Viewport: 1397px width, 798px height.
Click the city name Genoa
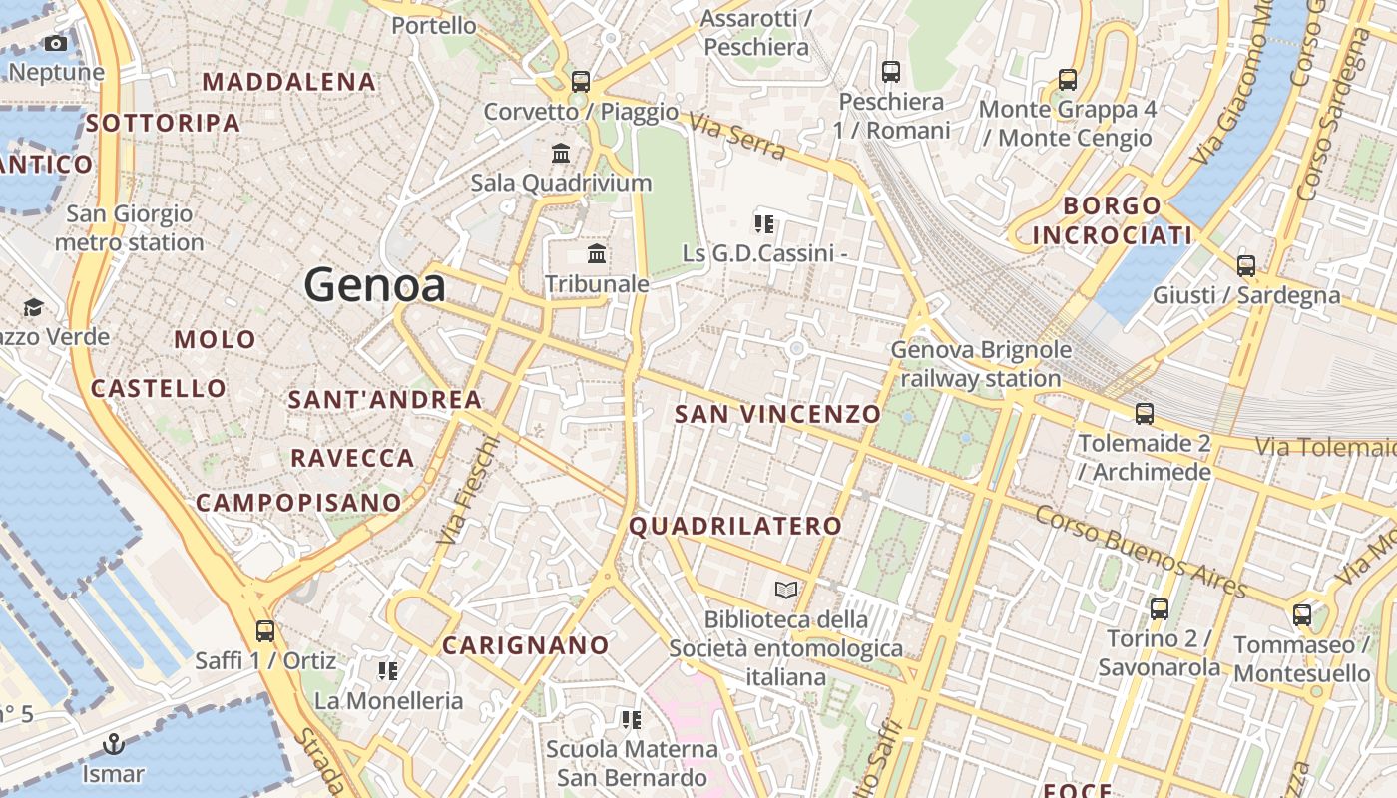pyautogui.click(x=374, y=286)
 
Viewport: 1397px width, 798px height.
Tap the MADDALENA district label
pyautogui.click(x=289, y=82)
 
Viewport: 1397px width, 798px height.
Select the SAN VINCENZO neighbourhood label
pyautogui.click(x=778, y=413)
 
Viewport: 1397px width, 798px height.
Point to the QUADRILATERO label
pyautogui.click(x=735, y=526)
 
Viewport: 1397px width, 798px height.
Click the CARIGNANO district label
pyautogui.click(x=526, y=645)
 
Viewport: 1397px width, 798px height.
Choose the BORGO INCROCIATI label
pyautogui.click(x=1113, y=220)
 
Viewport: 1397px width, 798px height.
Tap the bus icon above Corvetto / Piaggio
pyautogui.click(x=581, y=81)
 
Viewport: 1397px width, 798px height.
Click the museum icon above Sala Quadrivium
pyautogui.click(x=561, y=154)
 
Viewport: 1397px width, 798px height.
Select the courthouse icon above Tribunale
pyautogui.click(x=597, y=254)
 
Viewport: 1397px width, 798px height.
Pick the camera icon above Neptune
pyautogui.click(x=56, y=43)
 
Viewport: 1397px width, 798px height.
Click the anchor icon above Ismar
pyautogui.click(x=114, y=744)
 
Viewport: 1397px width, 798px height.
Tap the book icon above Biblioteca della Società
pyautogui.click(x=786, y=591)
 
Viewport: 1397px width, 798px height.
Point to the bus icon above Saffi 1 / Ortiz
pyautogui.click(x=264, y=630)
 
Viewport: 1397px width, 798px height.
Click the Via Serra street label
pyautogui.click(x=737, y=137)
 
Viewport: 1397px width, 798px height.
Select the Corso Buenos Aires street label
pyautogui.click(x=1141, y=552)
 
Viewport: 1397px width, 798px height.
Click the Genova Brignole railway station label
pyautogui.click(x=981, y=364)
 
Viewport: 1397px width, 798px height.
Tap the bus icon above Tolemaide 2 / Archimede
pyautogui.click(x=1145, y=413)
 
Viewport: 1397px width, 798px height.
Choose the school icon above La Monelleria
pyautogui.click(x=388, y=671)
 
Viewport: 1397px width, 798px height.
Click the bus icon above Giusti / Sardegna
pyautogui.click(x=1245, y=265)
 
